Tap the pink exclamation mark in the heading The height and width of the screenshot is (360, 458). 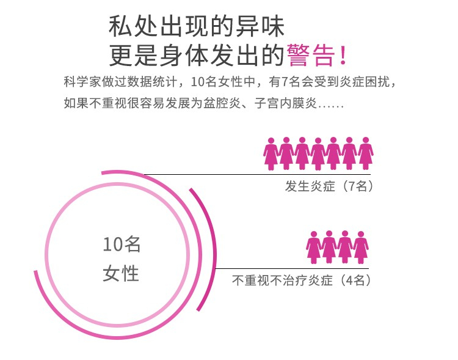pyautogui.click(x=343, y=54)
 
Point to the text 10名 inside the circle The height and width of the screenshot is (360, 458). pyautogui.click(x=122, y=244)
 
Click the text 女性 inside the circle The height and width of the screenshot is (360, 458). pyautogui.click(x=121, y=273)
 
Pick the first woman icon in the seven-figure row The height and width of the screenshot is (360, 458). pyautogui.click(x=271, y=153)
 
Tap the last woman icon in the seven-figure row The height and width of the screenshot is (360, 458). pyautogui.click(x=365, y=153)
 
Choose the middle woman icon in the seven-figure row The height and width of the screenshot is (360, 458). pyautogui.click(x=318, y=153)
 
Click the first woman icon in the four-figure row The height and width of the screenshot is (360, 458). pyautogui.click(x=314, y=247)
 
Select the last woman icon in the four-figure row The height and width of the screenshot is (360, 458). pyautogui.click(x=361, y=247)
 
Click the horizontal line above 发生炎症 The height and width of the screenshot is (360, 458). pyautogui.click(x=256, y=174)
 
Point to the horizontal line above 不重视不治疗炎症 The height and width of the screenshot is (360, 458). pyautogui.click(x=293, y=268)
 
